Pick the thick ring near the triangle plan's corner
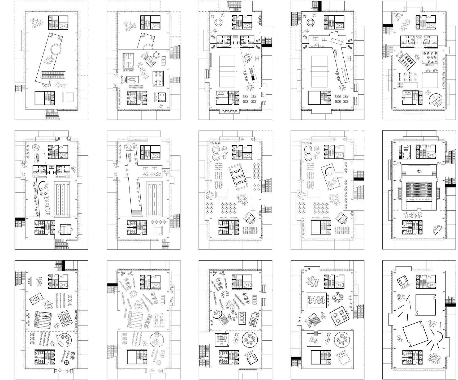[310, 23]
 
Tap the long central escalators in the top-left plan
[53, 75]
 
